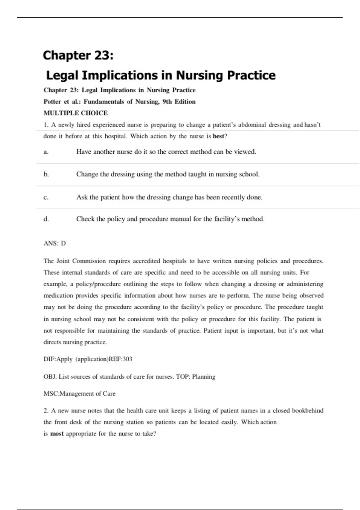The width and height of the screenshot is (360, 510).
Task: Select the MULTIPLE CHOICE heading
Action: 76,113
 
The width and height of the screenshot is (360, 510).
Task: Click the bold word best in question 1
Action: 218,136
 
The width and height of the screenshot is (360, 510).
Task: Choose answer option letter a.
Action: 46,152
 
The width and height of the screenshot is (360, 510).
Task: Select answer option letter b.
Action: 46,174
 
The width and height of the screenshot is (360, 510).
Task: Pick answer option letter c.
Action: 46,197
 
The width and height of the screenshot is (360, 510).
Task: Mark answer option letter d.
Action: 46,219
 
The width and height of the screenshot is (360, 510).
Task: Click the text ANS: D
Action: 55,243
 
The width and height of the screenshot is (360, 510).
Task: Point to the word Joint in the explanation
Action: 63,261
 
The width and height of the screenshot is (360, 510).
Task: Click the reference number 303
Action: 127,359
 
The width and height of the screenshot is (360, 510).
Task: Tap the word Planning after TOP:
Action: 204,376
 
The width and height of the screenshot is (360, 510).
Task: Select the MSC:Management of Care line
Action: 79,394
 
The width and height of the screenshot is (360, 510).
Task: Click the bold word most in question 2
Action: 57,434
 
